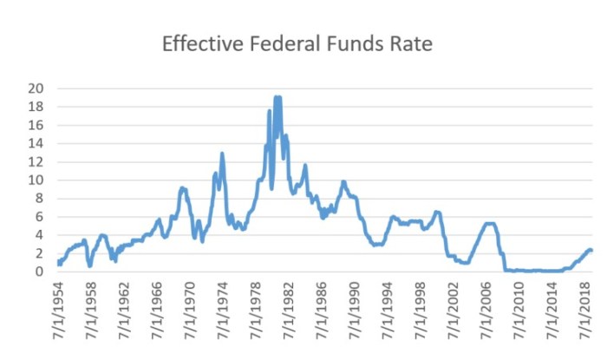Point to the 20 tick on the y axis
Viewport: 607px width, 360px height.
36,88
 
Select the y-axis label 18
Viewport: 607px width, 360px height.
36,107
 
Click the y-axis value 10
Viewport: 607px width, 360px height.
36,180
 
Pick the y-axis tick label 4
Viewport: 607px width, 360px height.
39,235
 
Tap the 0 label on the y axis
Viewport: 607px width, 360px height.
39,272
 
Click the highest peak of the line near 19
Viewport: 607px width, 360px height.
277,97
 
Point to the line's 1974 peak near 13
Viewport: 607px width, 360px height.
222,154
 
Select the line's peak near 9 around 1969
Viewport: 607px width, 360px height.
182,188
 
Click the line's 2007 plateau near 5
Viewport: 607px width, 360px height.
490,224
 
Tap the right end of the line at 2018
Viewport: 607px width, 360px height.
591,251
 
